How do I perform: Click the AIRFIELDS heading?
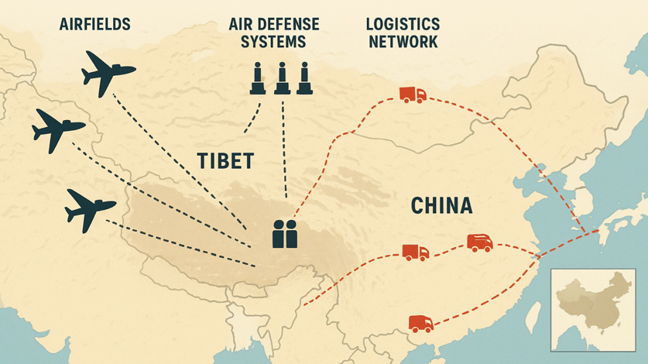[94, 24]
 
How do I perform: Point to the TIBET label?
[224, 160]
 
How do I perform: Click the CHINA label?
[441, 206]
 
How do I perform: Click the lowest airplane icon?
[90, 205]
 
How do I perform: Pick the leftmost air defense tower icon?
[256, 79]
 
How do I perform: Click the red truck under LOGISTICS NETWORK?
[412, 94]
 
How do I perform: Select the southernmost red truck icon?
[420, 322]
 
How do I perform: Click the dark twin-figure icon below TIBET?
[284, 233]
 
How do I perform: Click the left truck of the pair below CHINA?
[415, 252]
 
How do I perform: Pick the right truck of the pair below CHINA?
[479, 242]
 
